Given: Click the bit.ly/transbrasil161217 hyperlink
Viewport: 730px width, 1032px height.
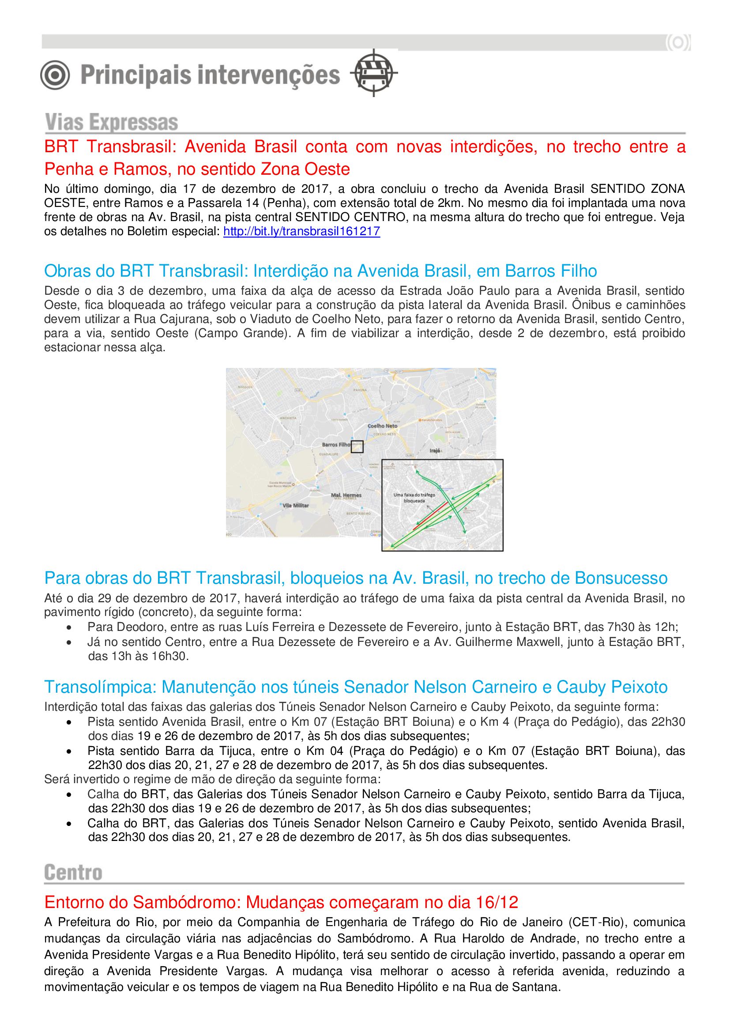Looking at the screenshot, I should coord(301,232).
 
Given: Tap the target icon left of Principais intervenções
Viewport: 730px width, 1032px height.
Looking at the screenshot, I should coord(55,75).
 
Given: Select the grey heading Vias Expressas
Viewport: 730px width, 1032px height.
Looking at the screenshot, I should coord(112,122).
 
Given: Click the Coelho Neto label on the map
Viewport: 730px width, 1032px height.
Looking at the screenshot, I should coord(383,426).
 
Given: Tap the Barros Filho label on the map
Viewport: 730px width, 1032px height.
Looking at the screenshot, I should coord(336,445).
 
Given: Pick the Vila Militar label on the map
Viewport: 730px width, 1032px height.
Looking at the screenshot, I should coord(295,505).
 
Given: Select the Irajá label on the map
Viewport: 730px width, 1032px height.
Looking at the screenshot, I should coord(435,450).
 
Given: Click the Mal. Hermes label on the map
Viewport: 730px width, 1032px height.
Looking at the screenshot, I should coord(346,495).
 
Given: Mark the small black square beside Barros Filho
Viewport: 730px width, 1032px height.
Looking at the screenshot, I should coord(357,447).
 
